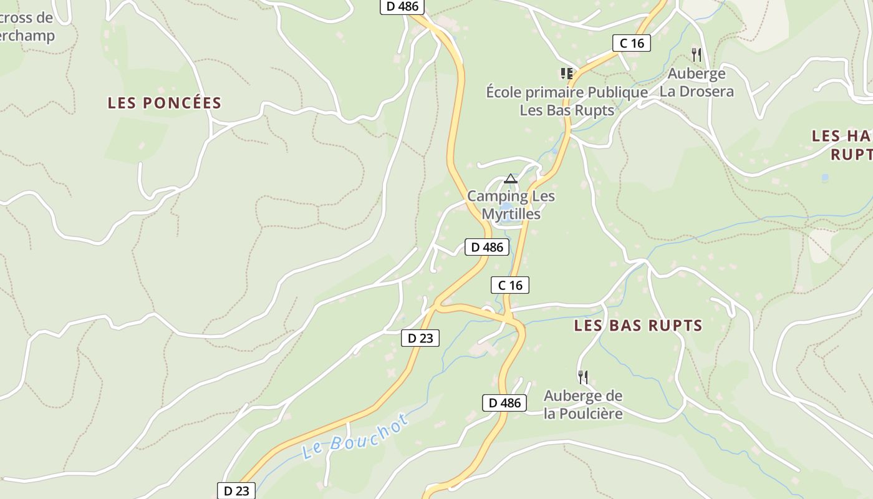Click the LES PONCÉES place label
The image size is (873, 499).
pyautogui.click(x=165, y=103)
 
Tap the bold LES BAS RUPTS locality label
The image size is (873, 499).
pyautogui.click(x=638, y=326)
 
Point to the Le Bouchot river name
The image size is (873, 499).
pyautogui.click(x=355, y=436)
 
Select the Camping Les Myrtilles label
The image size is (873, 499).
pyautogui.click(x=511, y=205)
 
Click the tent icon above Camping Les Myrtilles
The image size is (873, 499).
pyautogui.click(x=511, y=179)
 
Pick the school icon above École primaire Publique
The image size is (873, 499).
pyautogui.click(x=567, y=74)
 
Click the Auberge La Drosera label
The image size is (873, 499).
pyautogui.click(x=697, y=82)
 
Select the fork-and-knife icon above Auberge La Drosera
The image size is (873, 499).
pyautogui.click(x=697, y=55)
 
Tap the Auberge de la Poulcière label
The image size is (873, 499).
pyautogui.click(x=583, y=404)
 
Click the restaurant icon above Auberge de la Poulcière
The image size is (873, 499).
pyautogui.click(x=583, y=377)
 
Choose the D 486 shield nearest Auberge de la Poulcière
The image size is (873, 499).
pyautogui.click(x=504, y=403)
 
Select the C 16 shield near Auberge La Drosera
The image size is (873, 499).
pyautogui.click(x=631, y=43)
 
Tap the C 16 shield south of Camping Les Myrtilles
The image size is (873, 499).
pyautogui.click(x=509, y=285)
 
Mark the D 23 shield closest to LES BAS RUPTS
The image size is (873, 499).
pyautogui.click(x=420, y=338)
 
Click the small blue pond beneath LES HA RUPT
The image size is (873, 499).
pyautogui.click(x=825, y=178)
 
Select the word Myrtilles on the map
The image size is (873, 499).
pyautogui.click(x=511, y=213)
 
